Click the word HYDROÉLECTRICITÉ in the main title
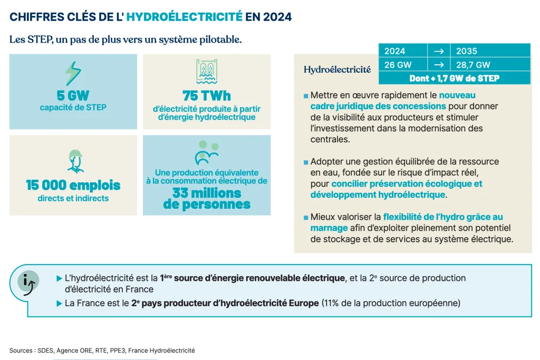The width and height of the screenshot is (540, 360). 185,17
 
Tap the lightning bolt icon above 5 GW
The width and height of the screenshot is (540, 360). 73,74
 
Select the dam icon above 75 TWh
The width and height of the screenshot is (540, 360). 207,72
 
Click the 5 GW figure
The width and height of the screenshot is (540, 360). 73,96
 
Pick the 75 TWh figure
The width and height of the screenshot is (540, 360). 207,96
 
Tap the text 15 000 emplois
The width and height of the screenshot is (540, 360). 73,186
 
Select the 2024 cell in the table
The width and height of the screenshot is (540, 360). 402,51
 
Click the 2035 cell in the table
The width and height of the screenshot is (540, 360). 489,51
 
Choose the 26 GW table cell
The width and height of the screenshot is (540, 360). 402,65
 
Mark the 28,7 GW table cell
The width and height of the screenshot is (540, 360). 489,65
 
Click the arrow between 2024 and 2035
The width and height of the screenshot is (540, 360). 438,51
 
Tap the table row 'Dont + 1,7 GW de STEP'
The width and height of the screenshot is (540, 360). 454,79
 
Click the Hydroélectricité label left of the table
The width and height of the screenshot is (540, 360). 337,69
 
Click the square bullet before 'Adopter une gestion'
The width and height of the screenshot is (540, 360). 305,162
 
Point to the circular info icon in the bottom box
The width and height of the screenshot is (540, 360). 27,282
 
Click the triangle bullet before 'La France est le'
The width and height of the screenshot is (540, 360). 59,304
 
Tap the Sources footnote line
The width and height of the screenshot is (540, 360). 102,351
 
